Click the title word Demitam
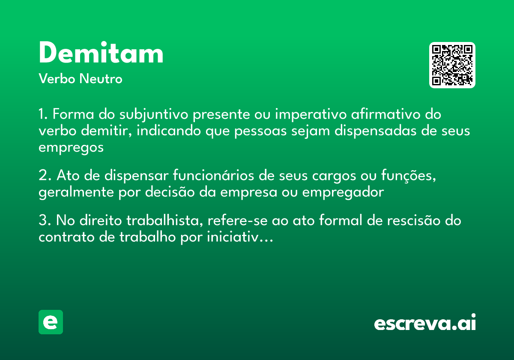[x=101, y=54]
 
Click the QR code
[x=452, y=65]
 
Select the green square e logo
[x=51, y=322]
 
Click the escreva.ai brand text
[x=425, y=323]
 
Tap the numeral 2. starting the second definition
[x=45, y=176]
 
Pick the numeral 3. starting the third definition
[x=45, y=221]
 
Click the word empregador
[x=343, y=192]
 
